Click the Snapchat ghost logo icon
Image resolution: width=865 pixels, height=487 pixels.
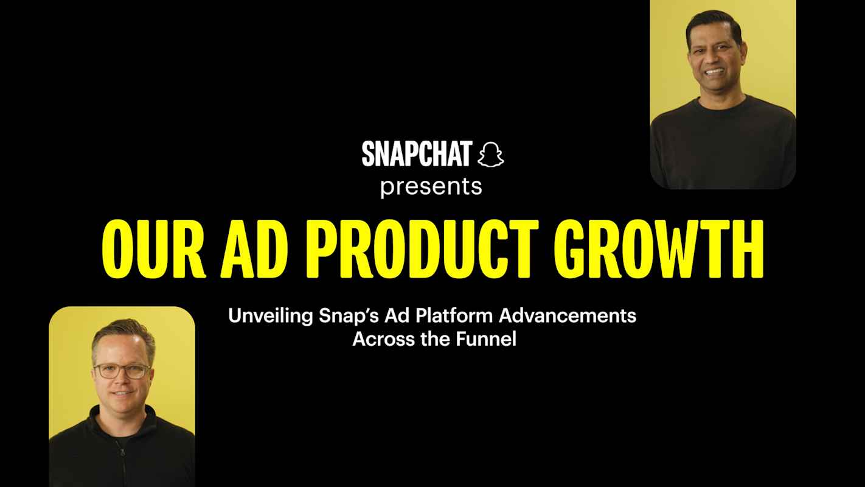point(490,154)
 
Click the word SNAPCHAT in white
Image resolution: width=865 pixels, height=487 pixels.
point(416,154)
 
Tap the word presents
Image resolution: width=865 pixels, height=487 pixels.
point(431,186)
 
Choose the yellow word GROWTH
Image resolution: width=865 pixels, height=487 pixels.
point(660,249)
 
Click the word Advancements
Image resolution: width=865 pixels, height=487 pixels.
point(569,317)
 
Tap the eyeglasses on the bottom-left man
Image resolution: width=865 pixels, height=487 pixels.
point(122,371)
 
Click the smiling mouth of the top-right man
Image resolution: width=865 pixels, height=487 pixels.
point(715,71)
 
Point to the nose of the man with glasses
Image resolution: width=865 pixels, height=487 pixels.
point(122,381)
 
